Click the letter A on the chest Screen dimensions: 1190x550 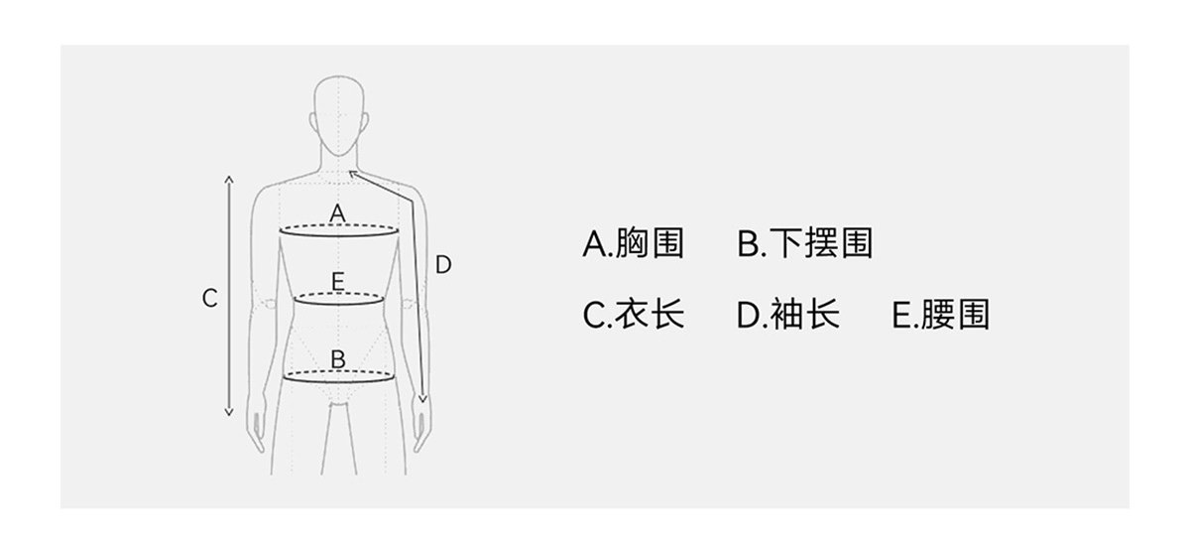pos(337,212)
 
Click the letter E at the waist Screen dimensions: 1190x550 pos(338,282)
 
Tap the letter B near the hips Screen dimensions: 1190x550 pos(338,358)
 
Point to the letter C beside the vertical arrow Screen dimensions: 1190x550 pos(209,298)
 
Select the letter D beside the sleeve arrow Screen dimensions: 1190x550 pos(443,265)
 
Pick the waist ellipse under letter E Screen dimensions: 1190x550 pos(339,298)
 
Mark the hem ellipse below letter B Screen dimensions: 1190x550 pos(339,376)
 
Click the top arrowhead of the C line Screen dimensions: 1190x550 pos(229,179)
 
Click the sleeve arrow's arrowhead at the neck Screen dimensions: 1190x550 pos(352,174)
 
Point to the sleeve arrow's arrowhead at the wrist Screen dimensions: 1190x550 pos(422,399)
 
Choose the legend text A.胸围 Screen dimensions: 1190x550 pos(633,243)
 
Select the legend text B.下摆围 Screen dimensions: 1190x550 pos(804,243)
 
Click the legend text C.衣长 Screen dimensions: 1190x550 pos(633,315)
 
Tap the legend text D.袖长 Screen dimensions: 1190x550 pos(787,315)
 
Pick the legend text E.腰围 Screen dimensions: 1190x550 pos(940,315)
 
